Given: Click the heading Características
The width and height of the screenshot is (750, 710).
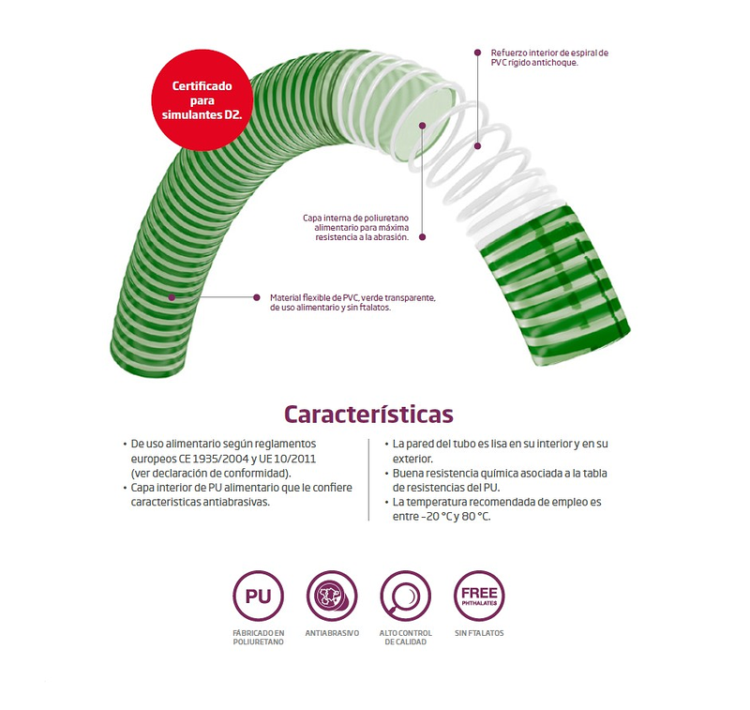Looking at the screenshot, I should coord(368,414).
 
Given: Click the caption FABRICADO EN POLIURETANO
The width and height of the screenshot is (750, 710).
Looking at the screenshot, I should coord(258,638).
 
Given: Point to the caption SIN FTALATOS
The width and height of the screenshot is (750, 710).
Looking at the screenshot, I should coord(478,633).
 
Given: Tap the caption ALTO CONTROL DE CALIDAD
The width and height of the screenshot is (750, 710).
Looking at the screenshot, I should coord(405,638).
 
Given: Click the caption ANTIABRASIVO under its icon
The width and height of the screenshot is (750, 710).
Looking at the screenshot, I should coord(332,633).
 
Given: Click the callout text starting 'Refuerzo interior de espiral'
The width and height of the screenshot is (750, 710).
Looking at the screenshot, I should coord(549,58).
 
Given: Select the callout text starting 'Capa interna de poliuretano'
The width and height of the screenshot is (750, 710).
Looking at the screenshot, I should coord(355,227).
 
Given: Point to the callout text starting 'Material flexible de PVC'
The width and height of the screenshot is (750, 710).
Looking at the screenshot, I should coord(352,302).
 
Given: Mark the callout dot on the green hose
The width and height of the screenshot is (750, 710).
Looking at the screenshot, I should coord(172,297).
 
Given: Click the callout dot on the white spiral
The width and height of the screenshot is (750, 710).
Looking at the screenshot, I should coord(477,145).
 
